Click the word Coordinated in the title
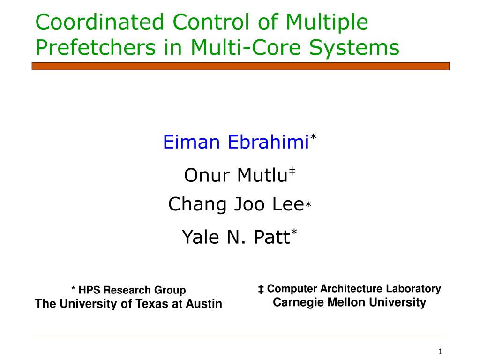(x=100, y=22)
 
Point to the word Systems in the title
(x=354, y=48)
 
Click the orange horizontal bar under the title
(x=240, y=66)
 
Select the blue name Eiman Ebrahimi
(x=236, y=142)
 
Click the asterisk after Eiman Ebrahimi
(x=313, y=137)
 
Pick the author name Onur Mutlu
(x=236, y=175)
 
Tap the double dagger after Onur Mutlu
(x=292, y=171)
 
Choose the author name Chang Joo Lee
(x=236, y=205)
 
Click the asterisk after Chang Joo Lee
(x=308, y=204)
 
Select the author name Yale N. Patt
(x=236, y=237)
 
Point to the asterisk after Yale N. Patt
(x=294, y=232)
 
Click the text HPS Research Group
(x=132, y=290)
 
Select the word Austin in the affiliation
(x=204, y=304)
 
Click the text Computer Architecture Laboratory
(x=354, y=289)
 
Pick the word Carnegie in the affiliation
(x=299, y=302)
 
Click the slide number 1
(x=441, y=352)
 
